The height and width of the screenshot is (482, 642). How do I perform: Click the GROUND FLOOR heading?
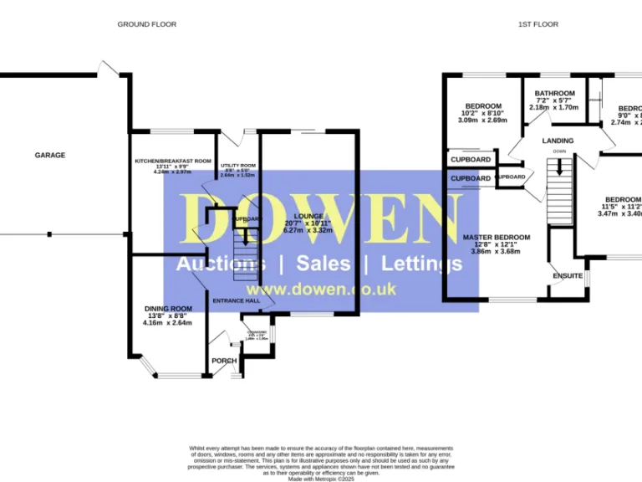coord(147,24)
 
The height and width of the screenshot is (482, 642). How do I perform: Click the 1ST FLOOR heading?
coord(538,24)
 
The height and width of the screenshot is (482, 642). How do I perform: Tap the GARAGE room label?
coord(50,155)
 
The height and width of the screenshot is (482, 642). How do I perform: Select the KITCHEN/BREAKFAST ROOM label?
coord(173,161)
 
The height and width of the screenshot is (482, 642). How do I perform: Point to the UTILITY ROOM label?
coord(237,166)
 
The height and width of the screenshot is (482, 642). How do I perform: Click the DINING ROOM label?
coord(167,308)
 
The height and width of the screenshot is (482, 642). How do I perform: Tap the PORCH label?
coord(224,361)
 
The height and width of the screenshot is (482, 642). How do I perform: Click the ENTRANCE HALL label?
coord(237,300)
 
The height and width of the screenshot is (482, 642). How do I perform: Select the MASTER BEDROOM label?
coord(497,237)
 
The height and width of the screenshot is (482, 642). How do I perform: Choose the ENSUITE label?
coord(568,275)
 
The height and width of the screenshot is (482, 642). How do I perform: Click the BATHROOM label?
coord(555,94)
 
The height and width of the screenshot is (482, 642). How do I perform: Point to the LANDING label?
coord(558,141)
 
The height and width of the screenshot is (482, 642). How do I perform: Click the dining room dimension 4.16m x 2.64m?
coord(167,322)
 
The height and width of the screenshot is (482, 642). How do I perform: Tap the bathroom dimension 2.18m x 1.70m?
coord(555,108)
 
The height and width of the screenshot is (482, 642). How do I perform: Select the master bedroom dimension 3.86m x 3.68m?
coord(497,250)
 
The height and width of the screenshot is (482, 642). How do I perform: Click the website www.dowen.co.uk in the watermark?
coord(321,290)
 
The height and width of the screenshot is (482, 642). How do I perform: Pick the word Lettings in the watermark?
coord(421,264)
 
